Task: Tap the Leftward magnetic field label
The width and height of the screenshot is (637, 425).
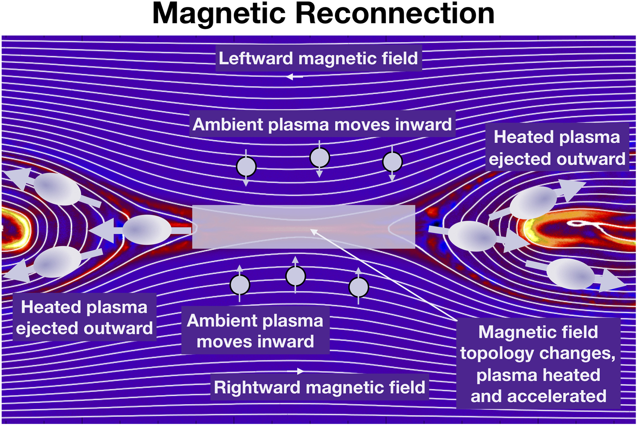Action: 318,58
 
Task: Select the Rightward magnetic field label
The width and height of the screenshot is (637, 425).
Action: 319,387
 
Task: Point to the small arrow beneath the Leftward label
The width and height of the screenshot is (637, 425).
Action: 295,77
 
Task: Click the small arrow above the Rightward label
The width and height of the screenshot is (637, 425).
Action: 296,371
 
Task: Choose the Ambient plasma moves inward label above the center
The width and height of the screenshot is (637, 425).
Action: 322,124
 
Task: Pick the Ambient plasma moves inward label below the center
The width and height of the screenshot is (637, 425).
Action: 255,331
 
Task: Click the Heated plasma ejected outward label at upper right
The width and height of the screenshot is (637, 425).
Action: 557,147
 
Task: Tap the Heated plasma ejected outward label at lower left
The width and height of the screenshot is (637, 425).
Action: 84,317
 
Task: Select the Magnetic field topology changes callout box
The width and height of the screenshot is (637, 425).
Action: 538,364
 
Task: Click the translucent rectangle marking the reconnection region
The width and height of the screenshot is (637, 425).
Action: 303,227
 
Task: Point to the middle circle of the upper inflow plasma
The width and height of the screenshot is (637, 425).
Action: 320,158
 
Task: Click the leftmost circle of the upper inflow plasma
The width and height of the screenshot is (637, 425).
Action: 246,166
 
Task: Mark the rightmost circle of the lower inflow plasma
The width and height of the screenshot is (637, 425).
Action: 358,287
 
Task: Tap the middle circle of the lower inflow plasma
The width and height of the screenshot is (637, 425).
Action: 295,276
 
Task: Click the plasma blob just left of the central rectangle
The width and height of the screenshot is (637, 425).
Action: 146,229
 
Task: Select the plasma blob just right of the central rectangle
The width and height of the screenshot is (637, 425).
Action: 472,236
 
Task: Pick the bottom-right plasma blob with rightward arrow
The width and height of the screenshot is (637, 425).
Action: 571,274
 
